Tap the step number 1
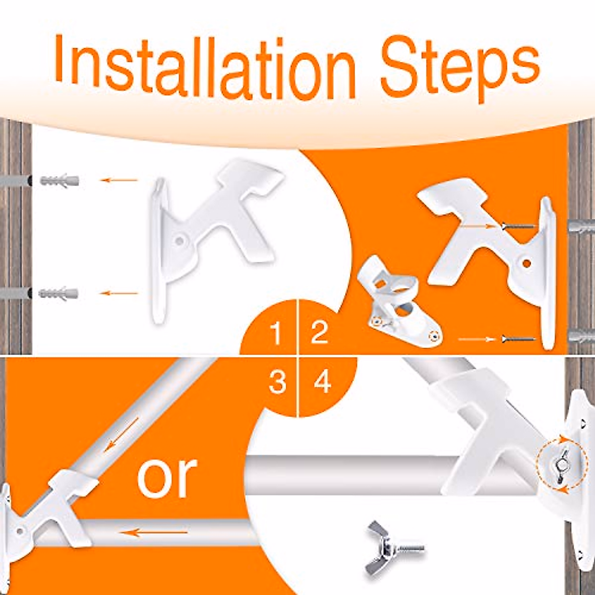pos(277,333)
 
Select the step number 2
pos(319,332)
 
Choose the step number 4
pos(322,382)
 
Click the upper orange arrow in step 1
pos(119,180)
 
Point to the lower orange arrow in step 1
pos(119,293)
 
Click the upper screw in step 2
pos(518,226)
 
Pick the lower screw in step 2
pos(518,339)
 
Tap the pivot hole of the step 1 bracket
pos(179,241)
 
